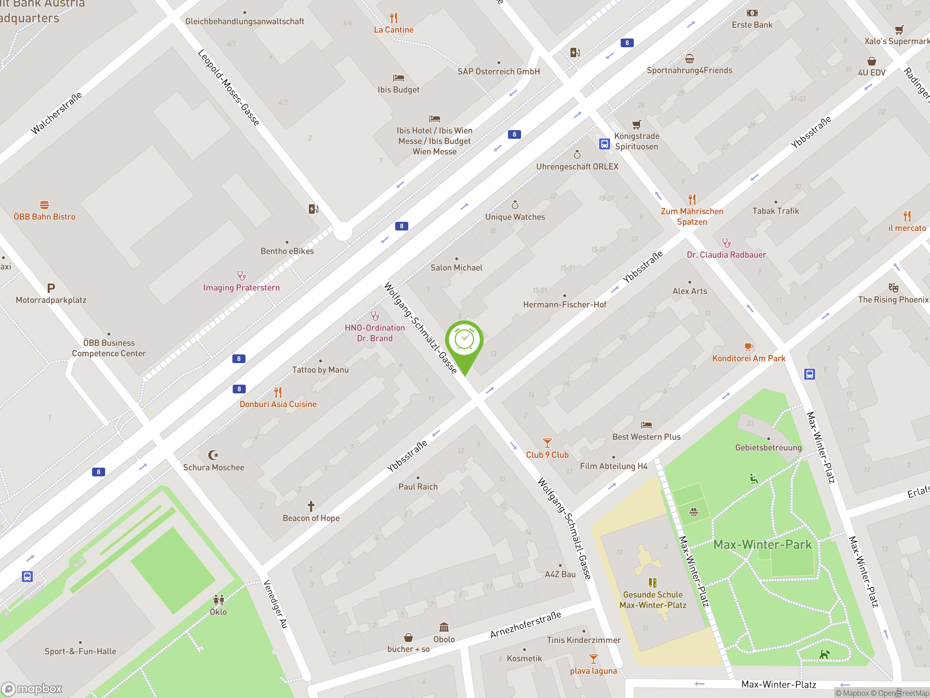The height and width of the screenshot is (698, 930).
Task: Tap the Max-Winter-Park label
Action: tap(762, 545)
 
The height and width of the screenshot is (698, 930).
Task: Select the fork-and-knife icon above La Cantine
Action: tap(393, 18)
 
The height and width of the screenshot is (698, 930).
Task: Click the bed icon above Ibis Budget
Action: tap(398, 78)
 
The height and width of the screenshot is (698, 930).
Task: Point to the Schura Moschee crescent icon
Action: tap(213, 455)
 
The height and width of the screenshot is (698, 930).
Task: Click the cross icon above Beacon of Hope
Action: tap(311, 506)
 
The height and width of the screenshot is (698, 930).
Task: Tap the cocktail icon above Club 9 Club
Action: tap(547, 443)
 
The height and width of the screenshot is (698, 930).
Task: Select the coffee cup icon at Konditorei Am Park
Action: tap(748, 346)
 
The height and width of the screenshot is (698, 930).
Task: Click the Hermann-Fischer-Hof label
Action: tap(564, 305)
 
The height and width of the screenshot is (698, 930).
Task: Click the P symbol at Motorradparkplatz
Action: tap(51, 288)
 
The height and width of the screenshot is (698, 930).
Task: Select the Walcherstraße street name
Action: tap(56, 113)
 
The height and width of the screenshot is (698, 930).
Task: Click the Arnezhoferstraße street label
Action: tap(526, 625)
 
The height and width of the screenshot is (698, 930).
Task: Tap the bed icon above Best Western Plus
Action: tap(646, 425)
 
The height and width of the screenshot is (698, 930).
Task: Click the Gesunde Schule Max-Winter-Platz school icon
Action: tap(652, 582)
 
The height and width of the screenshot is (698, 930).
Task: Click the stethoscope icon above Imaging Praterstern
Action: tap(241, 276)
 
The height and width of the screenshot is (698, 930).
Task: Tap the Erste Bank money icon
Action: tap(752, 13)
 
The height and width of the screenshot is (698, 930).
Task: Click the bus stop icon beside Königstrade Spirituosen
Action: tap(604, 144)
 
